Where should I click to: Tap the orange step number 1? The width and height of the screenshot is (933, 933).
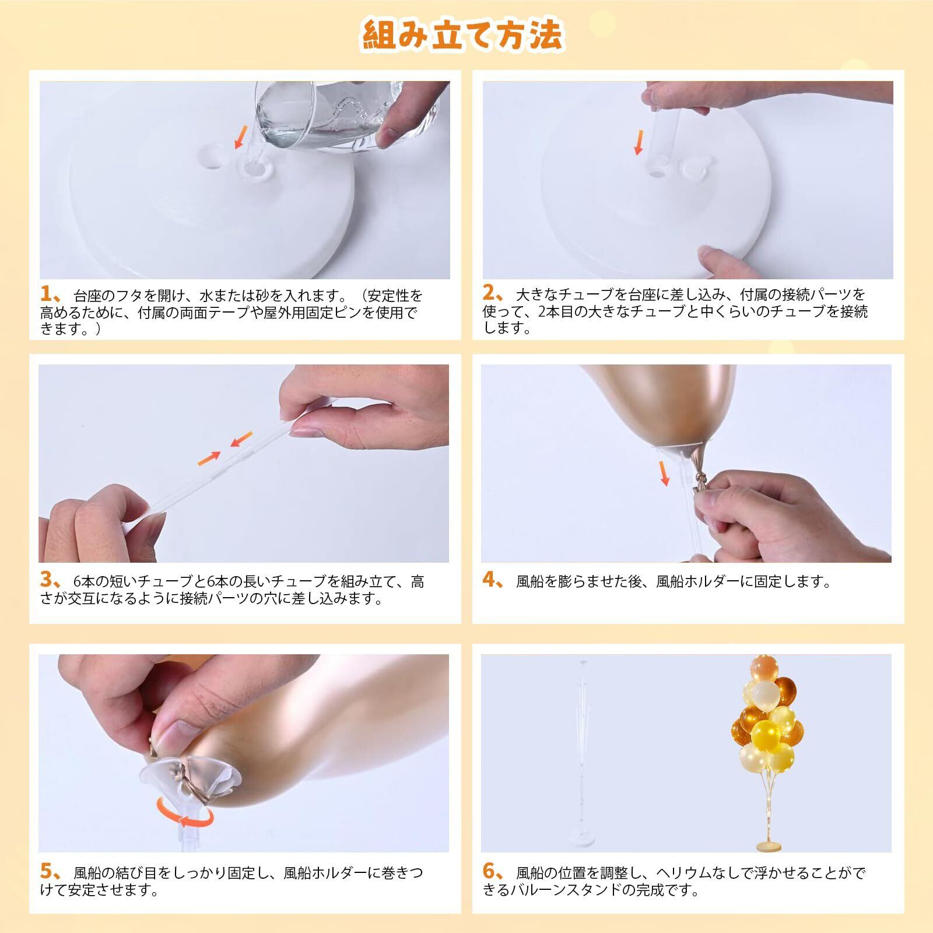(x=47, y=293)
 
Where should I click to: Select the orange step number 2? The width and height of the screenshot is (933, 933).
(x=489, y=293)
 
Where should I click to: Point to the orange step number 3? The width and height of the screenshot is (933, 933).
(x=47, y=580)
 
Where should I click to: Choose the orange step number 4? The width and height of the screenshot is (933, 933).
(x=489, y=580)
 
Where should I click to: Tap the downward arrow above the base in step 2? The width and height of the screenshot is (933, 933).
(x=640, y=143)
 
